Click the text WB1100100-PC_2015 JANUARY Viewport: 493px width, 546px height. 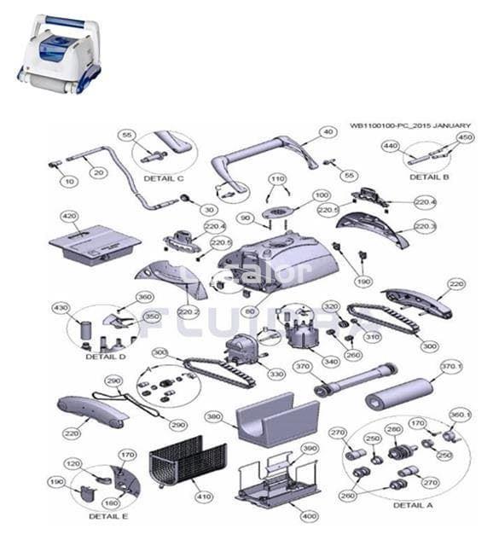pos(409,125)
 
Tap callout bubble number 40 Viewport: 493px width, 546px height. pos(328,133)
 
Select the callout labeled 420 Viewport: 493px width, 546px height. pos(67,217)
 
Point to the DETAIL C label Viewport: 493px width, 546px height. pos(163,178)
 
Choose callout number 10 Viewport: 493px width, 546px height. pos(69,181)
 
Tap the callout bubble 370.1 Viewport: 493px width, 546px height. pos(449,366)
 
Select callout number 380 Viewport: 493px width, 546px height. pos(212,417)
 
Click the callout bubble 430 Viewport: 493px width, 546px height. pos(61,308)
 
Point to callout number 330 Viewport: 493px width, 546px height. pos(275,374)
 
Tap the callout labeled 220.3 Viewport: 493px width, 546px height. pos(425,226)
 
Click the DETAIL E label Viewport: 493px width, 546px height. pos(108,516)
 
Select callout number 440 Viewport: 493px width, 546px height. pos(391,146)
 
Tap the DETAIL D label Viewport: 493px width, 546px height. pos(106,357)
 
